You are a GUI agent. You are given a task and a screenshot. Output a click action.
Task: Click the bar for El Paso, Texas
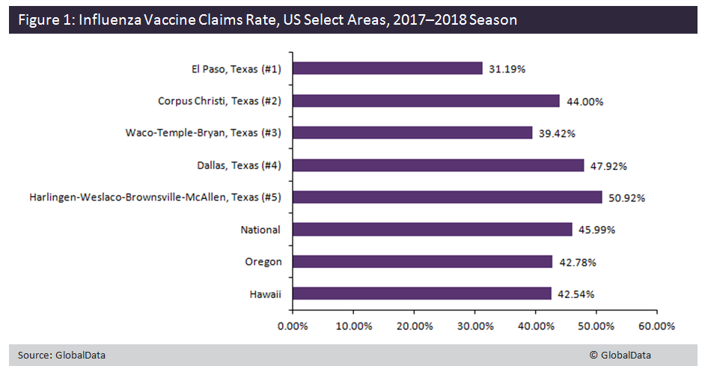pos(387,68)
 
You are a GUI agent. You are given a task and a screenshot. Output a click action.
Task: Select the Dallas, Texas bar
pos(438,165)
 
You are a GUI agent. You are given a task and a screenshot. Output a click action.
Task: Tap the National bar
pos(432,230)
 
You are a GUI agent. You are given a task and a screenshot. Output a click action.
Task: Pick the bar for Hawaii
pos(421,294)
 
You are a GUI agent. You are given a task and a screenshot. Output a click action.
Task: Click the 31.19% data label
pos(507,69)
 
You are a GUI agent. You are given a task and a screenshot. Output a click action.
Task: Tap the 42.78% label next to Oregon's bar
pos(577,262)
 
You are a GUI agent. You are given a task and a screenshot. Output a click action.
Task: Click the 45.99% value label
pos(597,230)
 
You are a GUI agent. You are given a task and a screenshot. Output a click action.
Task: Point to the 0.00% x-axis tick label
pos(293,326)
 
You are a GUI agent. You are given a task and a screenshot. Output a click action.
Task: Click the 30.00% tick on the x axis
pos(475,326)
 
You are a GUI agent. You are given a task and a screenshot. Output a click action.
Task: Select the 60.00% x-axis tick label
pos(658,326)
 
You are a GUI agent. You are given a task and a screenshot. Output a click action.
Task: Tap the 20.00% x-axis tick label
pos(414,326)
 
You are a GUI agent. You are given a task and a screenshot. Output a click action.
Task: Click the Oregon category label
pos(263,262)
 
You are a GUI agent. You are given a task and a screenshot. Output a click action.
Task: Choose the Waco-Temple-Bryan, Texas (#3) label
pos(203,133)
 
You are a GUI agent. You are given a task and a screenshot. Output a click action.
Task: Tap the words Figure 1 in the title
pos(44,19)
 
